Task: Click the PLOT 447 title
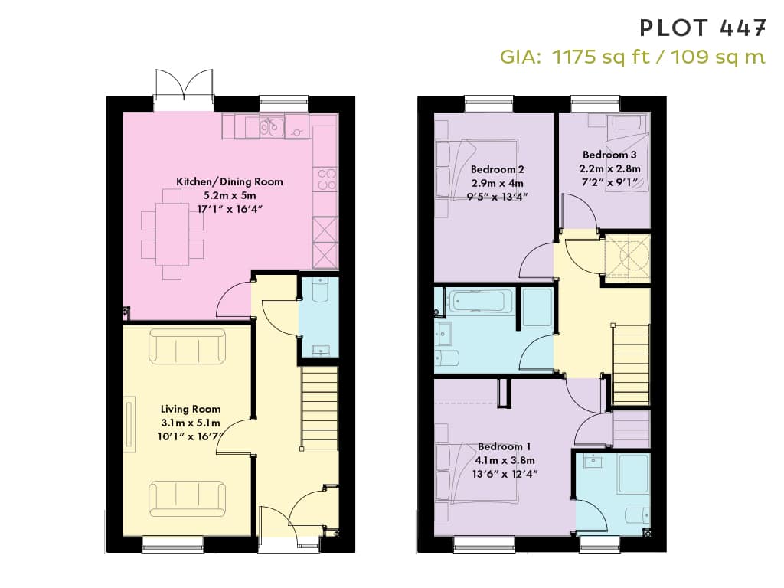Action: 703,28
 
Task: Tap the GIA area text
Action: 632,57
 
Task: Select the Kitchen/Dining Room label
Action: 230,181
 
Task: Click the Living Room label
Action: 191,409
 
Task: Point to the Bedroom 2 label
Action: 498,169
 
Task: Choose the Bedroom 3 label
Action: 609,155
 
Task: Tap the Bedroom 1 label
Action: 505,446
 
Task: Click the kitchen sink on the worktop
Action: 272,126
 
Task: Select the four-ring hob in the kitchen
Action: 327,179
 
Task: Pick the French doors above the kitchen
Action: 185,90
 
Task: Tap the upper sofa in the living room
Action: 187,345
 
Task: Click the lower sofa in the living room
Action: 187,499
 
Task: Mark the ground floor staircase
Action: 319,408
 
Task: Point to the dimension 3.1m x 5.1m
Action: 191,423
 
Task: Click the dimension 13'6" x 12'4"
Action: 505,473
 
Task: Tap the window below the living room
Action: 172,544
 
